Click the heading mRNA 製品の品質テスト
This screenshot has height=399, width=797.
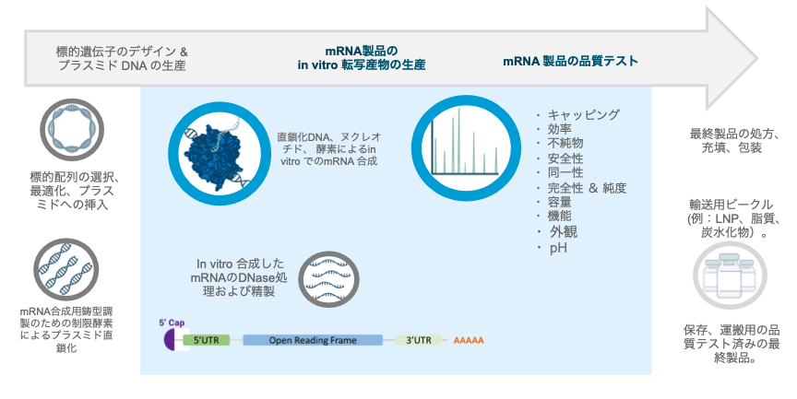click(x=570, y=61)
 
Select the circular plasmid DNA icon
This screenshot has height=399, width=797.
click(x=72, y=130)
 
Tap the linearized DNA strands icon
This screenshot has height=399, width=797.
click(x=66, y=269)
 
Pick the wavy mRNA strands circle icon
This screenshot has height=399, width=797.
click(x=327, y=280)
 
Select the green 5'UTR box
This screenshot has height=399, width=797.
click(x=207, y=340)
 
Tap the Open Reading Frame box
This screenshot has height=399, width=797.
click(x=313, y=340)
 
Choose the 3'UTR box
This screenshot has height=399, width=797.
click(x=419, y=340)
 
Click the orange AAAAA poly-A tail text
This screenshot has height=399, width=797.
click(x=469, y=340)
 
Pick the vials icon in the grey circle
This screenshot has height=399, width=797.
click(x=730, y=277)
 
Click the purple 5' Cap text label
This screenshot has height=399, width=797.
click(x=172, y=323)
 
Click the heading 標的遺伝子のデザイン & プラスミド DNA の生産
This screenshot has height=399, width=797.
click(x=122, y=58)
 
